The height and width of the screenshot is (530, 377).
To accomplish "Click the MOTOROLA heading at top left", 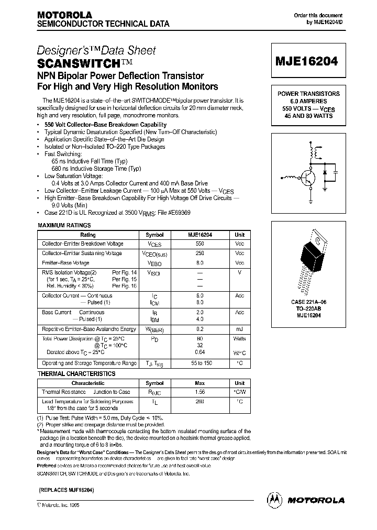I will [x=64, y=15].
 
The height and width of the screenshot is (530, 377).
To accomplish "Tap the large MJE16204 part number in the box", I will [x=308, y=60].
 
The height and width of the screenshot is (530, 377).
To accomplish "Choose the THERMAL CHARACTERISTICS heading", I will [x=76, y=373].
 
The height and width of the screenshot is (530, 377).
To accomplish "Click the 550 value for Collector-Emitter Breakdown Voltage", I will [x=199, y=244].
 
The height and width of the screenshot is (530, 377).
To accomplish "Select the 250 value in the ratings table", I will [x=199, y=253].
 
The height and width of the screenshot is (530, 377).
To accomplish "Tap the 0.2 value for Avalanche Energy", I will [x=199, y=329].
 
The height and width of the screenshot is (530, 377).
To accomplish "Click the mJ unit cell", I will [x=239, y=329].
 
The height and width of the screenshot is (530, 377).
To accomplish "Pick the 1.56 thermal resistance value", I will [x=199, y=392].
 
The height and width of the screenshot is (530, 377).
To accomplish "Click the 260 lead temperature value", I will [x=199, y=401].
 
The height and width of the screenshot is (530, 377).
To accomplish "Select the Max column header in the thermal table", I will [x=199, y=383].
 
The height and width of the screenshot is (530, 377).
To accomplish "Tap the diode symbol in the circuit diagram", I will [x=325, y=172].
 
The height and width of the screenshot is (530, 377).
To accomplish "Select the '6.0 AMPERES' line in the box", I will [x=308, y=101].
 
